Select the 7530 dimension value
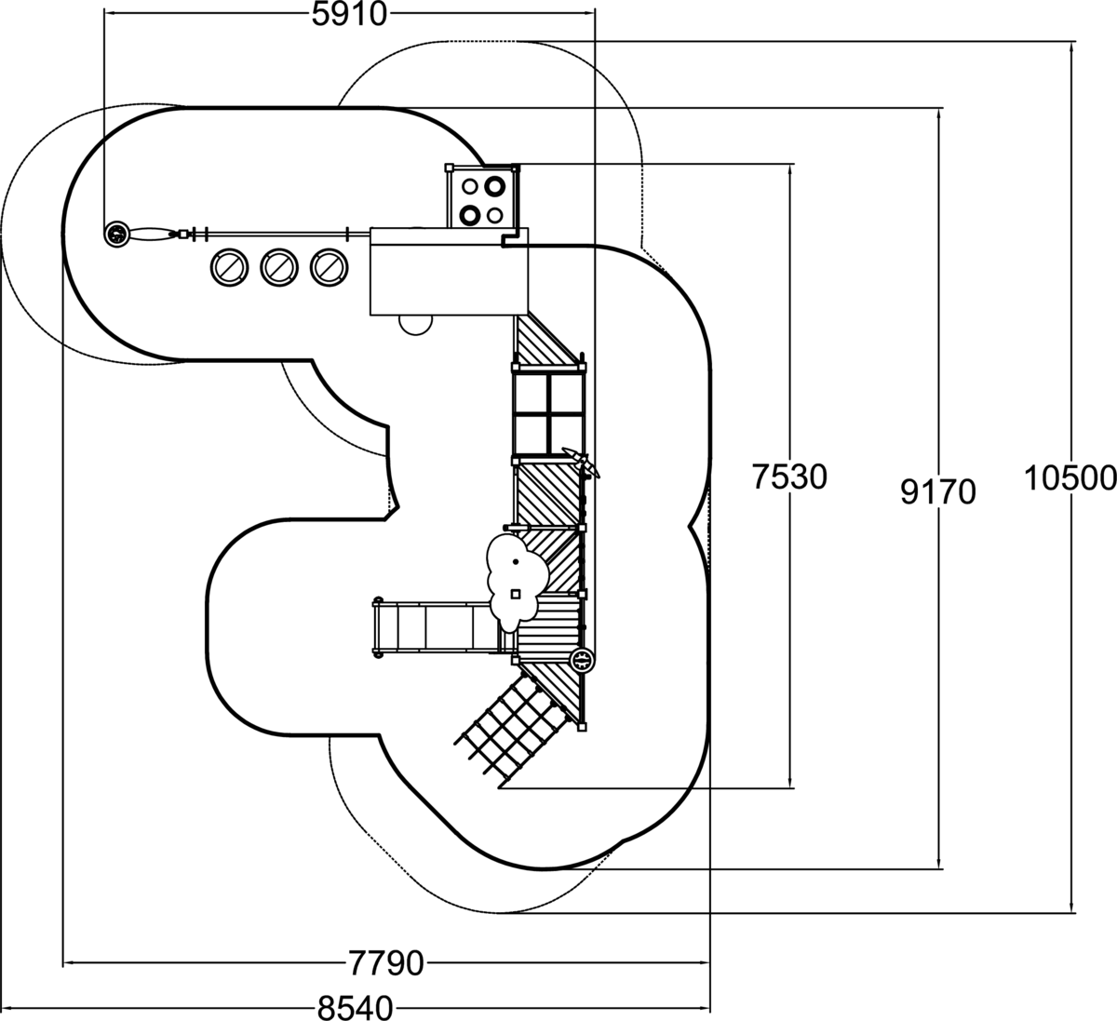(x=789, y=477)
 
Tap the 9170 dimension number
(x=938, y=490)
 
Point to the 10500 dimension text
(x=1070, y=477)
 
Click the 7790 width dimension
(x=385, y=962)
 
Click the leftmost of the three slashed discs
(x=229, y=266)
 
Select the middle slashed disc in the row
(x=277, y=266)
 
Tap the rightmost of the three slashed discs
(x=327, y=266)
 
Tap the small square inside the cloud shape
(x=516, y=594)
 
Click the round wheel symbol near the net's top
(x=582, y=661)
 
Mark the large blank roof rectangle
(x=449, y=271)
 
